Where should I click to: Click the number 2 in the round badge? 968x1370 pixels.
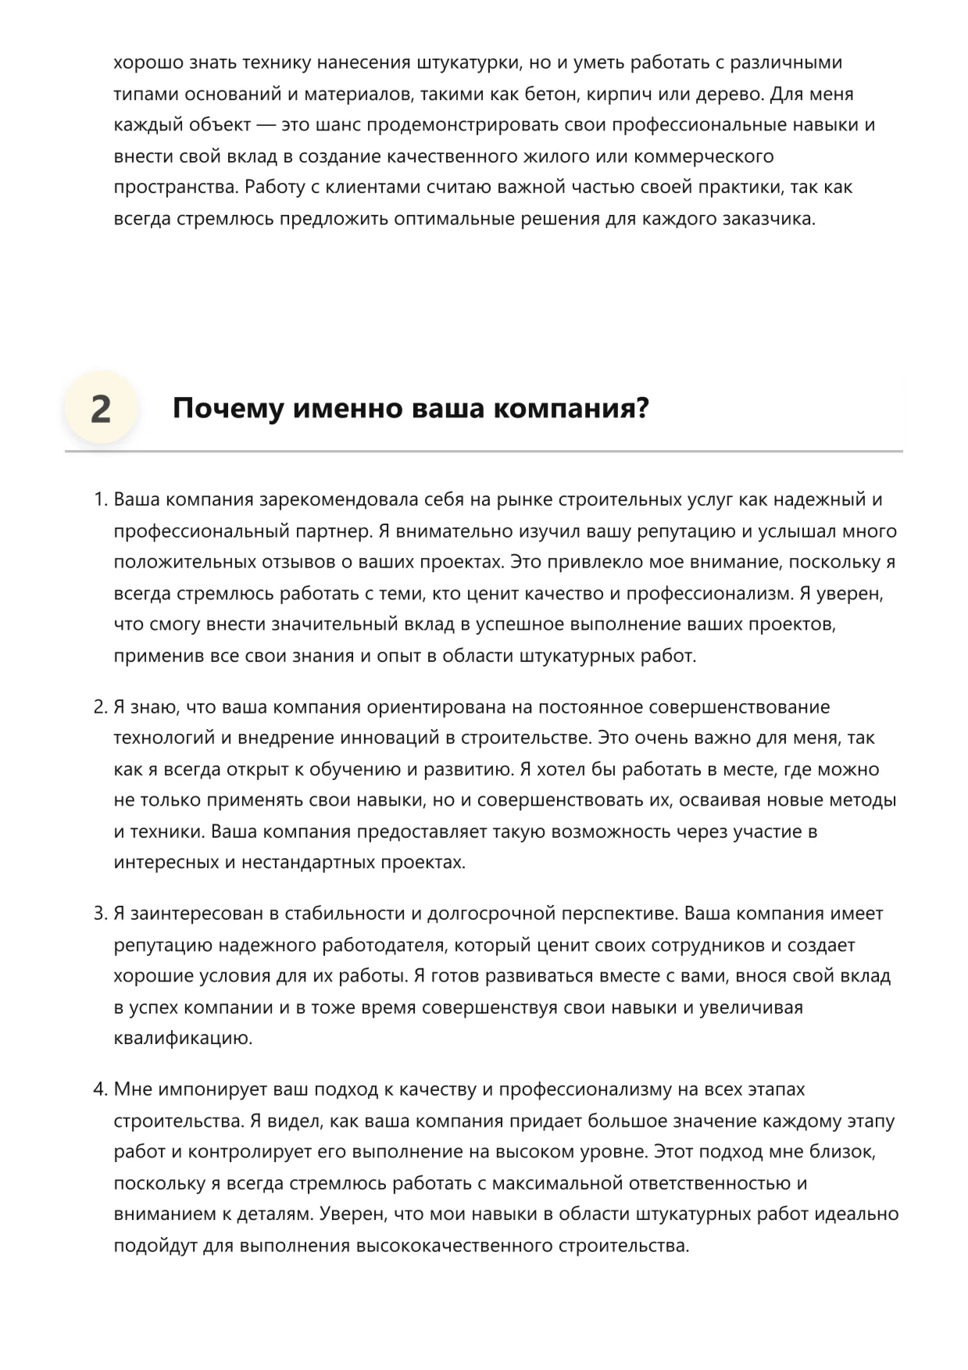[101, 409]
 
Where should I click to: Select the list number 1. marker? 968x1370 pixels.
[100, 499]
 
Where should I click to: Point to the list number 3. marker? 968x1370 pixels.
[100, 914]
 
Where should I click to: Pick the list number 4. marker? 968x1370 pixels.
[100, 1089]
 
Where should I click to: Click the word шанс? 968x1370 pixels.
[337, 125]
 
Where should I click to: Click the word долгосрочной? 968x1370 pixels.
[488, 914]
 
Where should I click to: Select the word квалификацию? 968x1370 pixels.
[183, 1039]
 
